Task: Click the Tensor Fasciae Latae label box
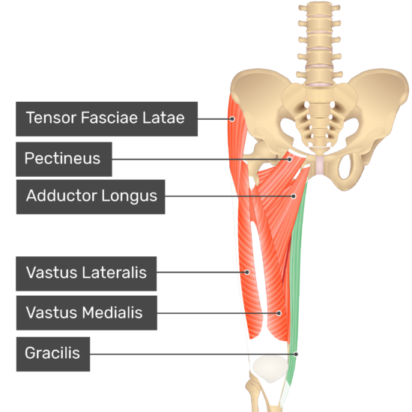coord(106,119)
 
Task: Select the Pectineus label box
coord(64,160)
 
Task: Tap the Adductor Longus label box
coord(91,197)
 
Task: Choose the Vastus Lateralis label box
coord(86,273)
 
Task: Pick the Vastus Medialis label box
coord(87,312)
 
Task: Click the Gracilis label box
coord(53,354)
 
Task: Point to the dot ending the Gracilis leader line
coord(296,354)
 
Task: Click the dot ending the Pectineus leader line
coord(290,160)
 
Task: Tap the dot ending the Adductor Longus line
coord(294,196)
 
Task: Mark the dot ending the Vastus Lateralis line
coord(247,272)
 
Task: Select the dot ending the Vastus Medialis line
coord(279,313)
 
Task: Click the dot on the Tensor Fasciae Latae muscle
coord(232,119)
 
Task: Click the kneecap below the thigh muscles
coord(270,369)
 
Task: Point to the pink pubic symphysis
coord(320,165)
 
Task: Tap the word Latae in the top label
coord(163,117)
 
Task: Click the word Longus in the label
coord(130,196)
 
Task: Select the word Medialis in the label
coord(112,312)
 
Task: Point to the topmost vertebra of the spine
coord(319,8)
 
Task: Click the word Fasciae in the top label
coord(109,117)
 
